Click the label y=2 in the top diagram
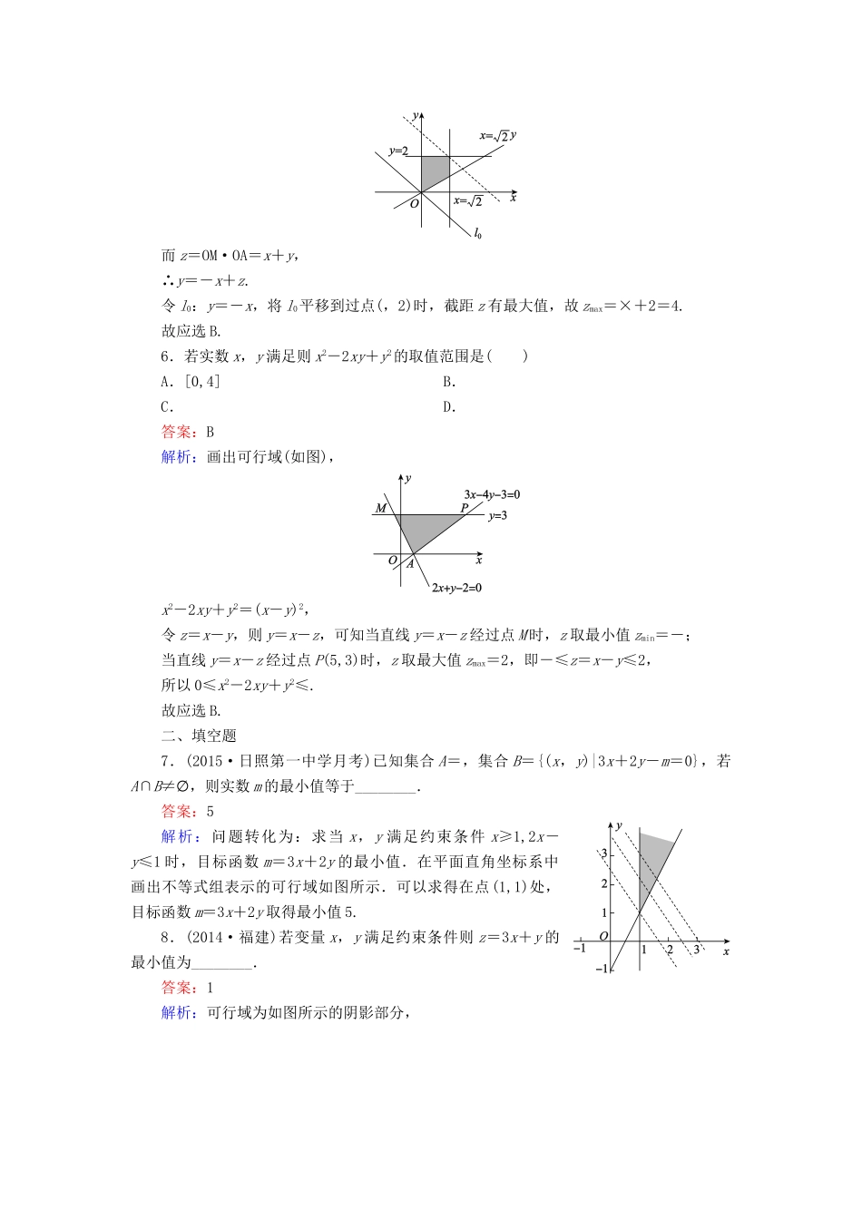[398, 151]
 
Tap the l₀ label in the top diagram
[477, 233]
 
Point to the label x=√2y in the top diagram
[497, 136]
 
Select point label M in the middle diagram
[381, 508]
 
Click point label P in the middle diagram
[464, 508]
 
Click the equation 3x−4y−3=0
[491, 494]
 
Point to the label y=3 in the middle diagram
[497, 516]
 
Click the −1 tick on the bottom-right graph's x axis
[580, 949]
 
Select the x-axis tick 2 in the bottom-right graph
[670, 950]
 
